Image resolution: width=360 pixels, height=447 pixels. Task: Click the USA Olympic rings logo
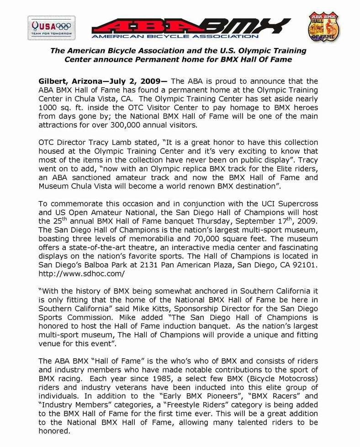[52, 27]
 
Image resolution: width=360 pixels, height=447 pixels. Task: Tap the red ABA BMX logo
[191, 28]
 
